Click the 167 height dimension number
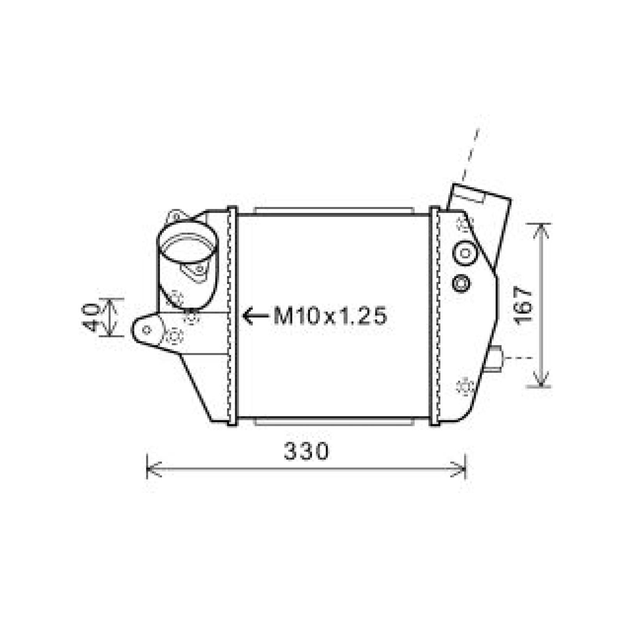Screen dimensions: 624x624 click(523, 306)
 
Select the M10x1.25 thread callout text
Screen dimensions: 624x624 click(330, 316)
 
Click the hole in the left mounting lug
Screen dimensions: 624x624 click(147, 330)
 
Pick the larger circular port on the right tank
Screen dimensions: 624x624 click(464, 253)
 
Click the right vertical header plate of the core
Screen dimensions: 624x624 click(434, 316)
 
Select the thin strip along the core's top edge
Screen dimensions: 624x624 click(333, 211)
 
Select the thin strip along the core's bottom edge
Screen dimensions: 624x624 click(333, 422)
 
